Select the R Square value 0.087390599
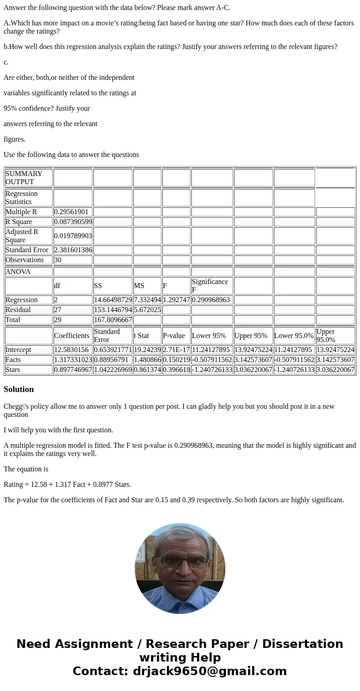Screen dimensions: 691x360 73,222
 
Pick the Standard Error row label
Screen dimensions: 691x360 27,250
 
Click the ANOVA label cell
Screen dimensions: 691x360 18,272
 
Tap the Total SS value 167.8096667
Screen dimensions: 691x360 113,320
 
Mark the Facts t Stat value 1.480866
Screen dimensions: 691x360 147,360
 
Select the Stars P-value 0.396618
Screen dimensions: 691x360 176,370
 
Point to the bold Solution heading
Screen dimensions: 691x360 19,389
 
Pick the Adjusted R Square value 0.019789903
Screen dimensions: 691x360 73,236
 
